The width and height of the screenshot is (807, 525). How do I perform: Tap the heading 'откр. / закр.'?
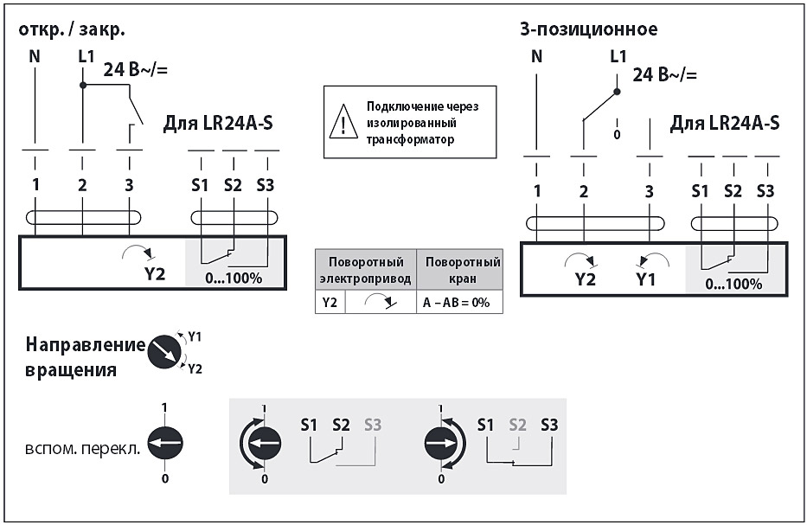[x=71, y=29]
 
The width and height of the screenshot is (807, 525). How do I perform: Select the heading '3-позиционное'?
[x=588, y=29]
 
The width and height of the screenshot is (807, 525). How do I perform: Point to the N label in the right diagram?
[x=537, y=57]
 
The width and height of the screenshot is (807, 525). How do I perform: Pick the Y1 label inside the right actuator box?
[x=646, y=279]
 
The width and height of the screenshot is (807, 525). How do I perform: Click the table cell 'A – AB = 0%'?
[x=458, y=302]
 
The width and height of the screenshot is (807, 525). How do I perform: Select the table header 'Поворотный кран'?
[x=458, y=269]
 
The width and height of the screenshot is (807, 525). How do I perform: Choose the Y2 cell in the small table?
[x=330, y=302]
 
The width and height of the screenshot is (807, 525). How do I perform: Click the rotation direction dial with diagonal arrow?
[x=165, y=351]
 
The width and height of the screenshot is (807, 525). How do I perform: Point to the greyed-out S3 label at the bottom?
[x=373, y=425]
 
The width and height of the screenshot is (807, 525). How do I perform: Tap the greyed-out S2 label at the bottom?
[x=517, y=425]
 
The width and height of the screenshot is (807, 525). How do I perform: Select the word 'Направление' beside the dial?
[x=85, y=345]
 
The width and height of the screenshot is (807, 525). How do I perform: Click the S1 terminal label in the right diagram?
[x=701, y=190]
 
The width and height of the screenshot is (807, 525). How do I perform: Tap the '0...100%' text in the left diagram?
[x=234, y=278]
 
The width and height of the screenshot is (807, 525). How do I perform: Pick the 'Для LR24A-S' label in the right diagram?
[x=725, y=123]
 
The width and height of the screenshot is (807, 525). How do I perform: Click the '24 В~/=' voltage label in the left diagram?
[x=136, y=70]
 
